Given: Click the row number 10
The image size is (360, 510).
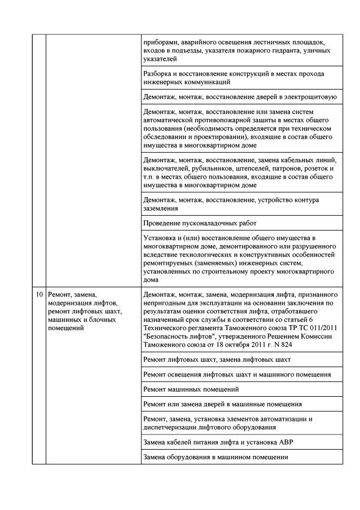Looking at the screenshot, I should tap(38, 294).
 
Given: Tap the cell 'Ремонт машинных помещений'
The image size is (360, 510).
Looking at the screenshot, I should tap(191, 389).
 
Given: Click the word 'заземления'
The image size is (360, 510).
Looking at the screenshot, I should tap(162, 207).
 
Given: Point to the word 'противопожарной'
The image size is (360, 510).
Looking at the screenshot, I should tap(223, 121).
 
